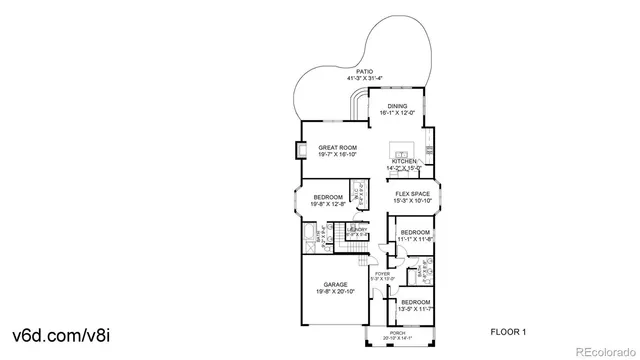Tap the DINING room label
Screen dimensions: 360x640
coord(397,106)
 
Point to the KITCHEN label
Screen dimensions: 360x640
coord(404,160)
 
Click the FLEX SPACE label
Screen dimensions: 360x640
coord(411,194)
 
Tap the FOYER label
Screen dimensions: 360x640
coord(382,274)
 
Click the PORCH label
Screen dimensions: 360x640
coord(396,334)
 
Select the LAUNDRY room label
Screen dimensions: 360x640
coord(357,231)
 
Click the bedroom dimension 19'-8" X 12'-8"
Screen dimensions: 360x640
coord(328,204)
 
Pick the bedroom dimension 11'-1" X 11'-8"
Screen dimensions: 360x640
coord(415,240)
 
